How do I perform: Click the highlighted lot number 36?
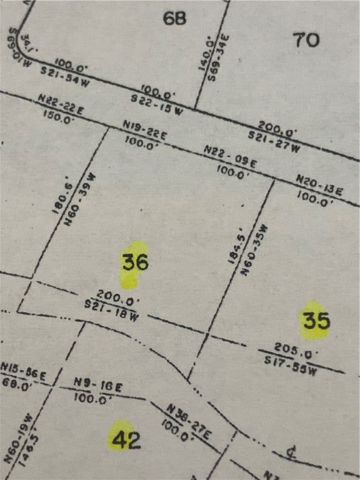pos(135,262)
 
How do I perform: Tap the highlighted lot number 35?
pos(316,321)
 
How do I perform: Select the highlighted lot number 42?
pos(125,440)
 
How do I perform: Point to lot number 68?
pos(174,18)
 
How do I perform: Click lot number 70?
pos(306,40)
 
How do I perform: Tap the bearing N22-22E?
pos(61,103)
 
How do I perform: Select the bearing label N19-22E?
pos(145,131)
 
